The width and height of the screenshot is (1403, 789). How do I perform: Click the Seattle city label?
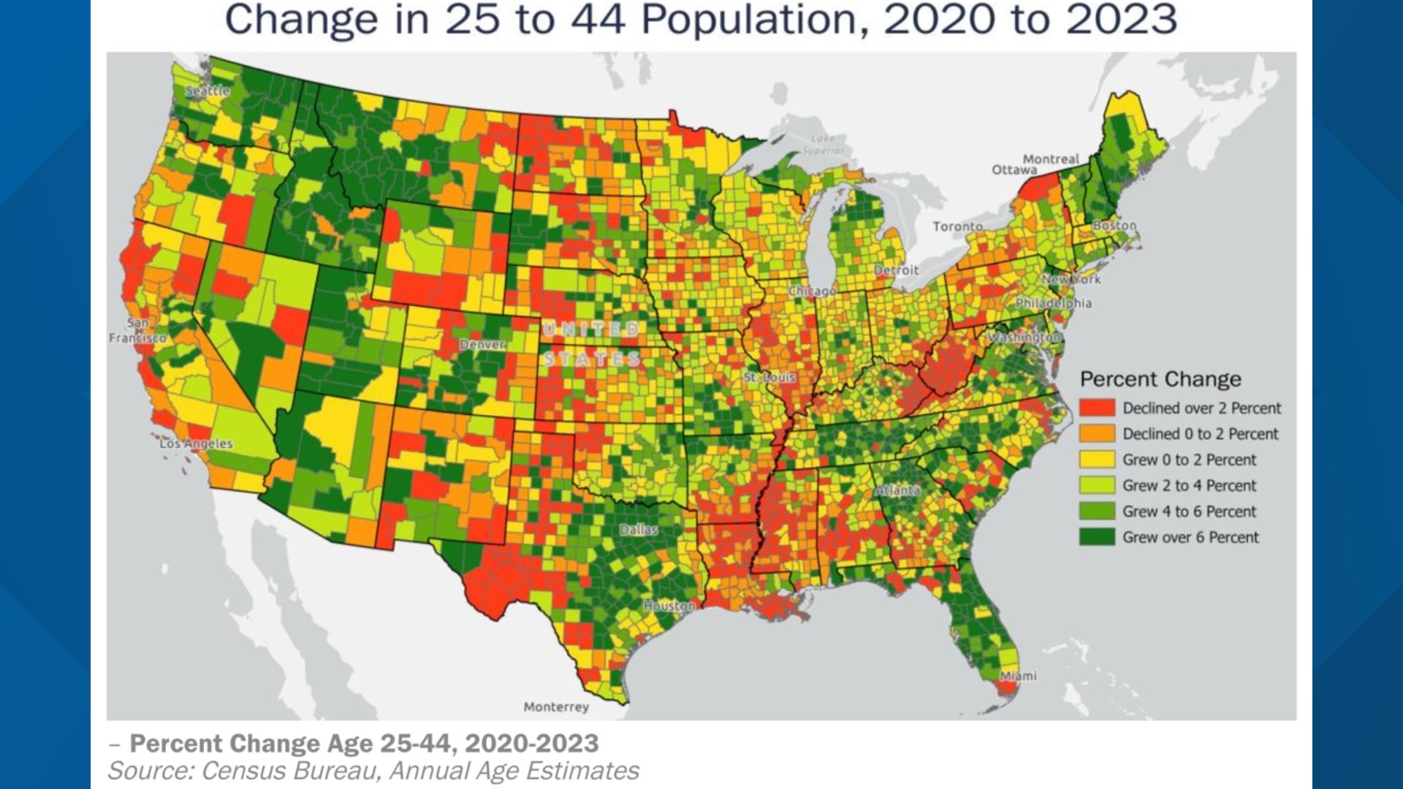point(208,91)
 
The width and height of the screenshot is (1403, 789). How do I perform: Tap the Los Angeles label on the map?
point(196,443)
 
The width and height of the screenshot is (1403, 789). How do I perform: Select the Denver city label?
point(482,344)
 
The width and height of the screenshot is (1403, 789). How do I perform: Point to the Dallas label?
point(639,530)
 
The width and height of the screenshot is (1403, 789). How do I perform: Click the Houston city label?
point(669,606)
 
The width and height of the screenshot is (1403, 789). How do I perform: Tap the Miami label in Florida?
point(1018,676)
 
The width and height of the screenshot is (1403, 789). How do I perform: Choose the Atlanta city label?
point(897,490)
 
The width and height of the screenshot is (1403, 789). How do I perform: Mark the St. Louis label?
point(769,377)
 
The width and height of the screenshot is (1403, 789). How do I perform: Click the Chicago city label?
point(812,291)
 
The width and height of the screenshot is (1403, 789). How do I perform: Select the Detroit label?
point(896,270)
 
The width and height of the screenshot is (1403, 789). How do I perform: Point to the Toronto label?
point(957,226)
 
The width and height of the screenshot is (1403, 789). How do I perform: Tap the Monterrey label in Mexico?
point(556,706)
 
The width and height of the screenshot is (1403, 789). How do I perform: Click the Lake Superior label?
point(823,144)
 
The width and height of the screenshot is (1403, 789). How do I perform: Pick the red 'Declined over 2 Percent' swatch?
point(1097,408)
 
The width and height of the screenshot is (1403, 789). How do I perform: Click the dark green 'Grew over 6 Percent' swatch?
point(1097,537)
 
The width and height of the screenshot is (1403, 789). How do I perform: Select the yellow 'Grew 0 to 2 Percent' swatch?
point(1097,460)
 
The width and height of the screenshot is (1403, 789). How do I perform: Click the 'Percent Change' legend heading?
point(1160,379)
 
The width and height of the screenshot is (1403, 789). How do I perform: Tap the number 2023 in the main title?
point(1122,20)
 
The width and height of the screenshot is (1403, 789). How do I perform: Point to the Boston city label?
point(1114,225)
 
